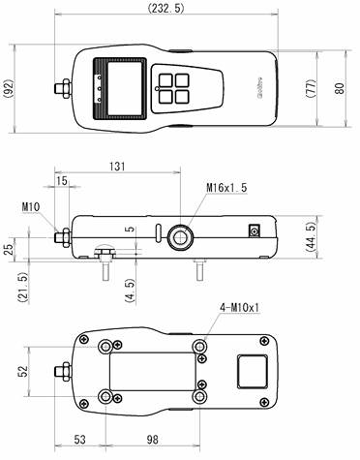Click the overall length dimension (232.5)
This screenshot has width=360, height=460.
[168, 8]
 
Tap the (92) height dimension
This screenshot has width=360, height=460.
[9, 90]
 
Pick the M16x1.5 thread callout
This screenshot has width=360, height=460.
[226, 187]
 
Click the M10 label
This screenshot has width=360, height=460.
[30, 205]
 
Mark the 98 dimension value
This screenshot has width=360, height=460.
[153, 441]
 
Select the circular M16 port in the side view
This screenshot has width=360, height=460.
[180, 235]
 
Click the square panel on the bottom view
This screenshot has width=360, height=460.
[252, 371]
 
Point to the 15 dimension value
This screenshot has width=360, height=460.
[62, 181]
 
